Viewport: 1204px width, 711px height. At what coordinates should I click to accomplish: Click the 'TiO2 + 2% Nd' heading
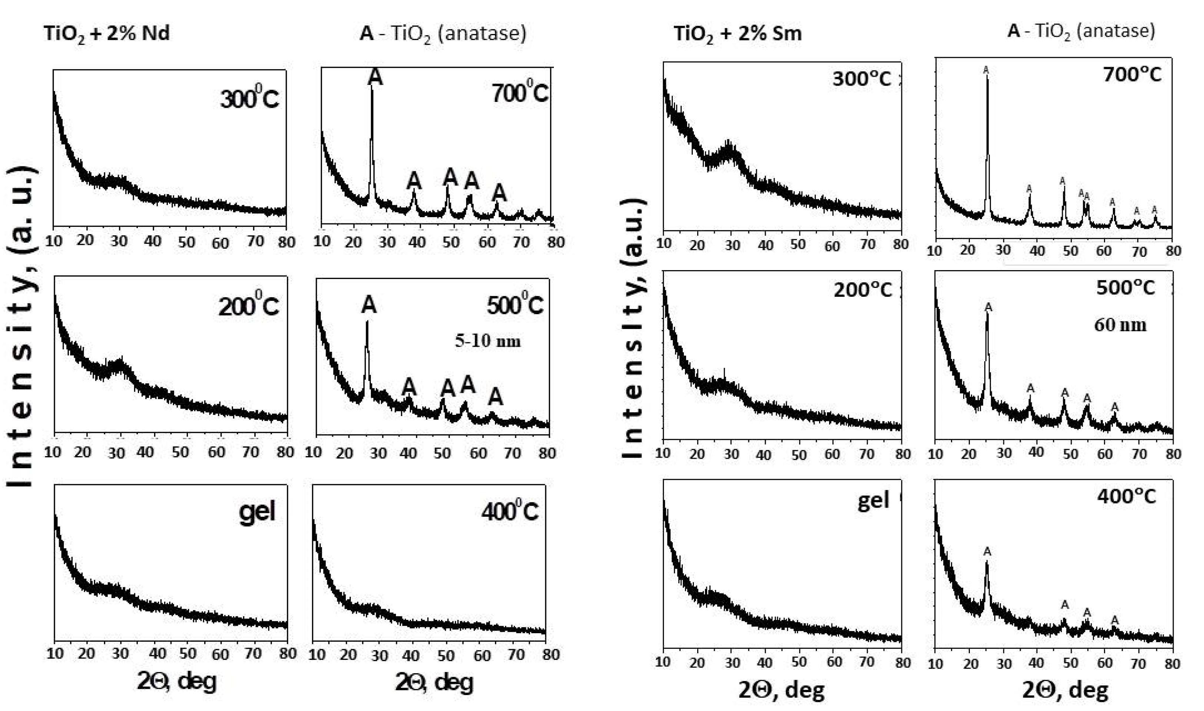click(x=106, y=34)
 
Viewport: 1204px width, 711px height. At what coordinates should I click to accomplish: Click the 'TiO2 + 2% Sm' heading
click(x=738, y=34)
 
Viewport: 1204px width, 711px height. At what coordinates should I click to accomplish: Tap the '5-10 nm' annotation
click(x=488, y=341)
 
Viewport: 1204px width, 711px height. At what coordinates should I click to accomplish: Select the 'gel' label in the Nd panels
click(x=257, y=512)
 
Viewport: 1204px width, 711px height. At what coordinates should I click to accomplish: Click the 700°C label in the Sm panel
click(x=1132, y=74)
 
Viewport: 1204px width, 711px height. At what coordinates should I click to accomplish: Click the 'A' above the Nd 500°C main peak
click(x=369, y=305)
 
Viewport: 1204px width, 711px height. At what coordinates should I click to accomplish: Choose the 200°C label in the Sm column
click(x=863, y=290)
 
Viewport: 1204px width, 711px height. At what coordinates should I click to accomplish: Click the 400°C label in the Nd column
click(x=509, y=512)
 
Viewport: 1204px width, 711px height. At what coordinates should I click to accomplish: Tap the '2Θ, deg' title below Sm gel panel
click(x=782, y=690)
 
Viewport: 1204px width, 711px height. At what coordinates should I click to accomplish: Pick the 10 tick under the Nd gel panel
click(x=56, y=654)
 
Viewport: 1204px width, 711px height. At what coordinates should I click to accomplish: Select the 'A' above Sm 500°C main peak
click(x=988, y=307)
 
